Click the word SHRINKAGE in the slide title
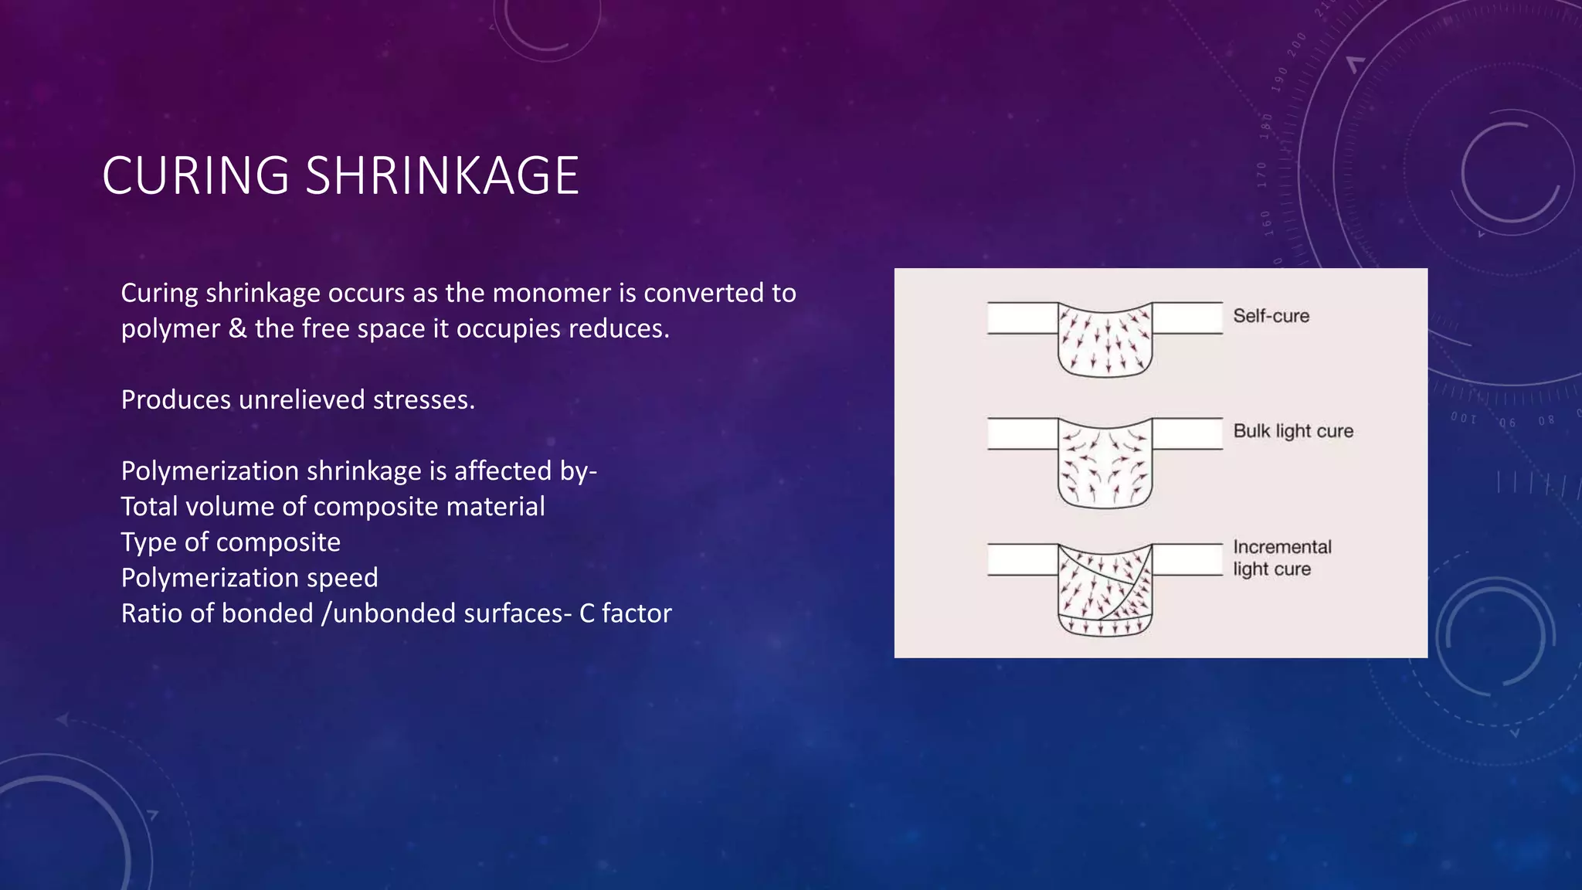coord(442,175)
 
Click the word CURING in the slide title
coord(195,175)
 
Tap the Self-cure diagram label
coord(1271,316)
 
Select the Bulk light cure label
coord(1293,431)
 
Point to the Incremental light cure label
coord(1282,558)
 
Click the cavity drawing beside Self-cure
coord(1105,340)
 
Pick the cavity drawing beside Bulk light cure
coord(1105,462)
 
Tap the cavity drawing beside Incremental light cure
coord(1105,589)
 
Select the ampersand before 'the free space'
coord(237,329)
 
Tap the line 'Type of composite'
coord(230,542)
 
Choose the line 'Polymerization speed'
coord(250,578)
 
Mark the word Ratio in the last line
coord(151,613)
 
